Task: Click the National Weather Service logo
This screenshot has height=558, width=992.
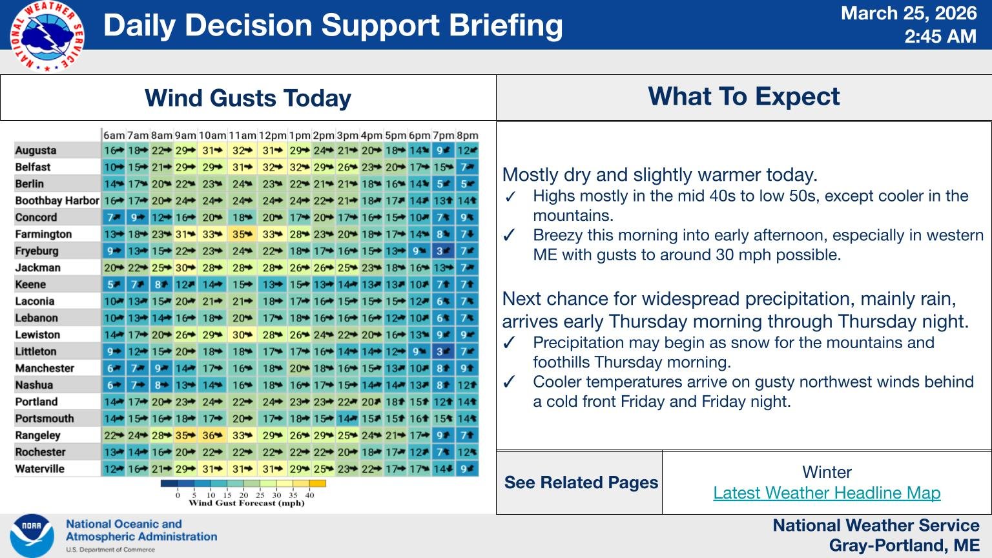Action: (46, 36)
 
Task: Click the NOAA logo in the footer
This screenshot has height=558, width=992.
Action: (32, 535)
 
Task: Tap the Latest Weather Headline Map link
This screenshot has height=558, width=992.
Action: (827, 493)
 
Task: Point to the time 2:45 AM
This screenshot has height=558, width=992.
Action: (940, 36)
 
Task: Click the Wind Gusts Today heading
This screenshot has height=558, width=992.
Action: (248, 98)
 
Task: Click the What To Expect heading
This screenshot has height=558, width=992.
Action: (743, 96)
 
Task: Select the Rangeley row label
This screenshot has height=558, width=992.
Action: (37, 435)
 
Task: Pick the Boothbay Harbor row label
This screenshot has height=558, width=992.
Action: (57, 201)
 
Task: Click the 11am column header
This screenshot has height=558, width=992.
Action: (242, 136)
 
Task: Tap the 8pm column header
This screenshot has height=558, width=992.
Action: (467, 136)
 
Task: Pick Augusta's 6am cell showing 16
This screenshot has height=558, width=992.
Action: (114, 150)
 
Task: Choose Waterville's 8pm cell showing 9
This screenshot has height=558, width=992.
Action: (467, 469)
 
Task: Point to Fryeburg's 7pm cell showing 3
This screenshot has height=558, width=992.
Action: (443, 251)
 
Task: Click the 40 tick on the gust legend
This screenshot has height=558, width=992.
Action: (309, 495)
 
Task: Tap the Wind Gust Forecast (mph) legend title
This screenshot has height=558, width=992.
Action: (246, 503)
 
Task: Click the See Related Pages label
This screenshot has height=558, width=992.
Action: (581, 482)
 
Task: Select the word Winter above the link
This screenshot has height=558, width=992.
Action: (827, 472)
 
